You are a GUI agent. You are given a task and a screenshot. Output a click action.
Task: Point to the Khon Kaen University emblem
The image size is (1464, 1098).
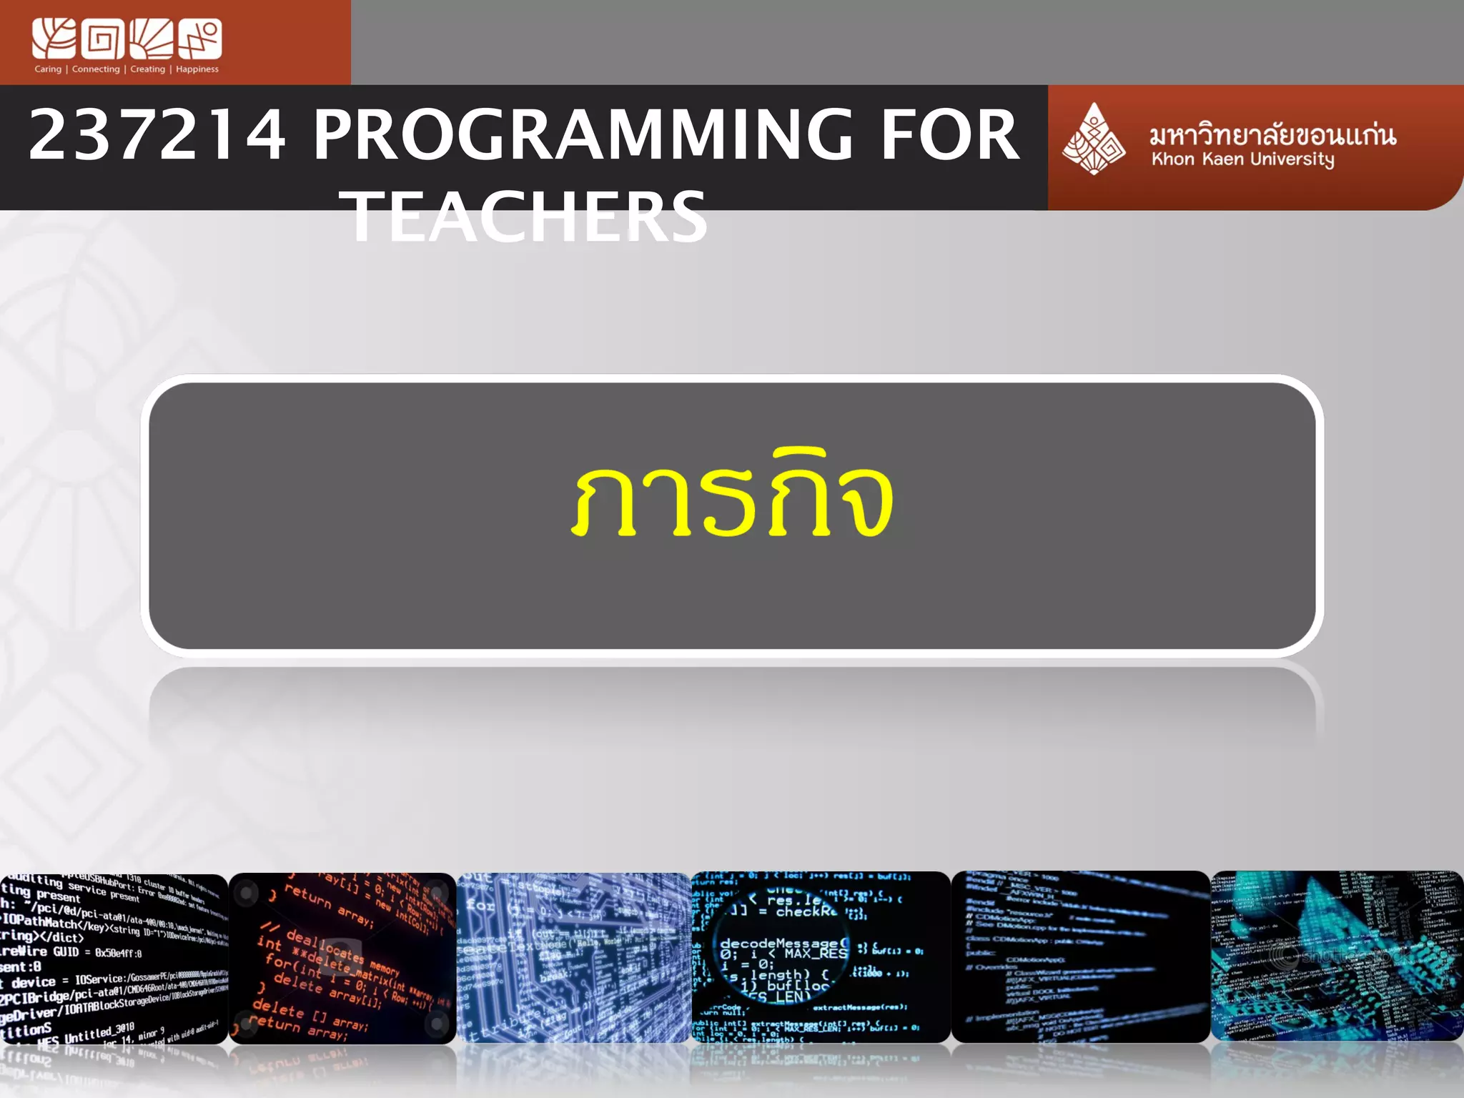pos(1093,139)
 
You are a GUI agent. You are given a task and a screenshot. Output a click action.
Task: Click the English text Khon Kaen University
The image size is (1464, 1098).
pos(1242,159)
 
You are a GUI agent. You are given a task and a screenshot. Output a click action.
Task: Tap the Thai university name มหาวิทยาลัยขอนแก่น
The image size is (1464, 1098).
pos(1272,134)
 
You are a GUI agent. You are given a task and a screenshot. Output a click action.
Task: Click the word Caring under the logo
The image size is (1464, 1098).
pos(48,69)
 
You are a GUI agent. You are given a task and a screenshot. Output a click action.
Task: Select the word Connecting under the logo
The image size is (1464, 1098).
pos(96,69)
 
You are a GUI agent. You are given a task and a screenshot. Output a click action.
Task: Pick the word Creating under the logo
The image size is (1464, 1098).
pos(147,69)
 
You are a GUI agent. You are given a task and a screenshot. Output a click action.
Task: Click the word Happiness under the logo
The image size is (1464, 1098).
pos(197,69)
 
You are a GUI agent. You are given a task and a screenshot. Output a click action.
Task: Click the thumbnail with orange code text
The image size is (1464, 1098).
pos(342,958)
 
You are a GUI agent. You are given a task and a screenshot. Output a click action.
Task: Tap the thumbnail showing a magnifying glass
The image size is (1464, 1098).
pos(821,958)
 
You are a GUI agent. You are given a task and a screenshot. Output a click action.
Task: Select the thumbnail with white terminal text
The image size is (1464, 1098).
pos(114,958)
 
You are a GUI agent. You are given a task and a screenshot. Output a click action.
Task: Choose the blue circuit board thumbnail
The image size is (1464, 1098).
pos(573,958)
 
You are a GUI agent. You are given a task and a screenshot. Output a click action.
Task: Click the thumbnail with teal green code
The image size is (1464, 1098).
pos(1337,958)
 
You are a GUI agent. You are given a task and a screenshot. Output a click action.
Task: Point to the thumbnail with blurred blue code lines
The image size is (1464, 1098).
pos(1080,958)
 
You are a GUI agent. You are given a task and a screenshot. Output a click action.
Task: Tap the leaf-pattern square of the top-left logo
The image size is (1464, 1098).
pos(54,39)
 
